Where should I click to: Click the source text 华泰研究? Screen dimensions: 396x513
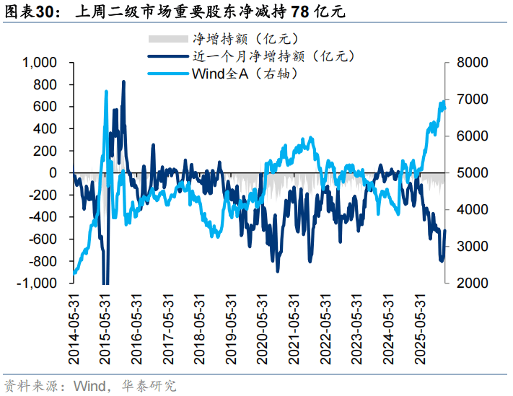152,386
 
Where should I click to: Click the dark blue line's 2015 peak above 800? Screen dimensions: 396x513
123,82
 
